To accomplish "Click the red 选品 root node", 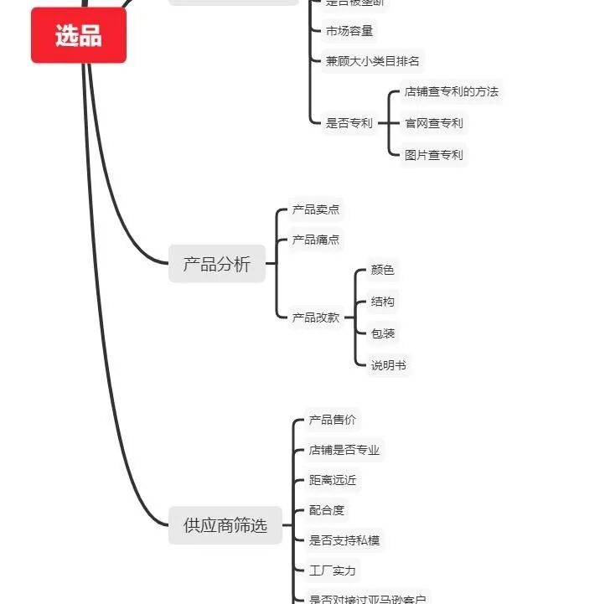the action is pyautogui.click(x=79, y=36).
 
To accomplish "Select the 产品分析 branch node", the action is pyautogui.click(x=217, y=265).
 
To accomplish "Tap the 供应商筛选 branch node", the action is pyautogui.click(x=225, y=525).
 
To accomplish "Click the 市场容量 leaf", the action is pyautogui.click(x=349, y=31).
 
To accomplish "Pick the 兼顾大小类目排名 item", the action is pyautogui.click(x=372, y=60).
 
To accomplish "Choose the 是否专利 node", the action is pyautogui.click(x=349, y=123).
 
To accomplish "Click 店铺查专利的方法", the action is pyautogui.click(x=451, y=91).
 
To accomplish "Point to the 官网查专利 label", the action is pyautogui.click(x=433, y=123).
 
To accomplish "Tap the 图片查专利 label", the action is pyautogui.click(x=433, y=155).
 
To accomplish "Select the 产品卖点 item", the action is pyautogui.click(x=316, y=209).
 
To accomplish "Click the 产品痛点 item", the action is pyautogui.click(x=316, y=240).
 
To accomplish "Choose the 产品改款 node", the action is pyautogui.click(x=316, y=317).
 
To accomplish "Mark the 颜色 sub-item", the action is pyautogui.click(x=382, y=270).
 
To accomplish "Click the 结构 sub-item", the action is pyautogui.click(x=382, y=302).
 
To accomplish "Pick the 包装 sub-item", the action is pyautogui.click(x=382, y=333).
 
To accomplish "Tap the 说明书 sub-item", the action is pyautogui.click(x=389, y=365).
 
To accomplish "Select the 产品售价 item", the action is pyautogui.click(x=333, y=420).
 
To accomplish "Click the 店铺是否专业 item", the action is pyautogui.click(x=344, y=450).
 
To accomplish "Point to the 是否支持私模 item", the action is pyautogui.click(x=344, y=540).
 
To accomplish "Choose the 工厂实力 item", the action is pyautogui.click(x=333, y=570).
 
